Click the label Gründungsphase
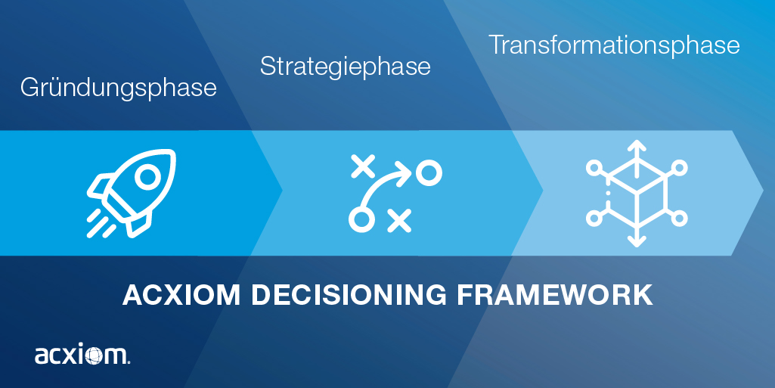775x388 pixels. tap(118, 88)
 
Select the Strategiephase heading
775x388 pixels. tap(345, 67)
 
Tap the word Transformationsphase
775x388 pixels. tap(613, 45)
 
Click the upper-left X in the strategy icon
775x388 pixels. tap(364, 165)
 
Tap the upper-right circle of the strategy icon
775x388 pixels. tap(429, 173)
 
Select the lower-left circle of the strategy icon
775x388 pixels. tap(361, 219)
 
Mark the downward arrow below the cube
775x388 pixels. tap(637, 241)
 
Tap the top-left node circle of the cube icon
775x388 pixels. tap(594, 166)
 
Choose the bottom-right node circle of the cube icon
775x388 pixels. tap(680, 219)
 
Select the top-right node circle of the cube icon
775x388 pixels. tap(680, 166)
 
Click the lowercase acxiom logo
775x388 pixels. tap(82, 355)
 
